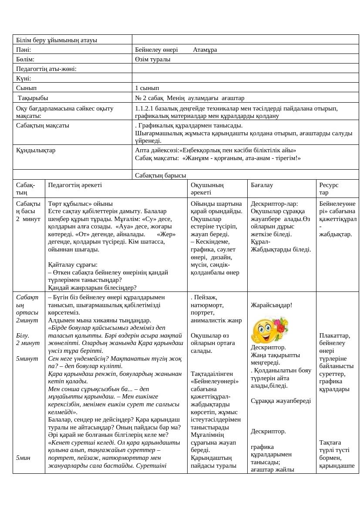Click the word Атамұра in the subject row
click(205, 50)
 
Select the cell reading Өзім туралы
click(153, 59)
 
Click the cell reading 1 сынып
click(147, 88)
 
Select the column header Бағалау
click(262, 185)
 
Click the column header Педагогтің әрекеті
click(75, 185)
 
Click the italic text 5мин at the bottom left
click(23, 457)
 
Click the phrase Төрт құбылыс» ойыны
click(81, 204)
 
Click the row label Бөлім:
click(25, 59)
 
